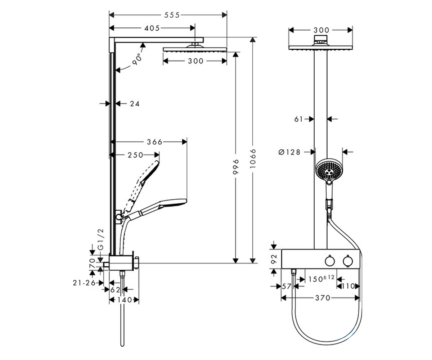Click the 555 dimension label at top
[x=172, y=15]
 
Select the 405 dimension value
[x=152, y=28]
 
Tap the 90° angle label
[x=137, y=59]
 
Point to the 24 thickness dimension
[x=135, y=104]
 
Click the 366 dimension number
[x=154, y=142]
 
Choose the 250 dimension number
[x=135, y=155]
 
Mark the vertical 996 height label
[x=236, y=167]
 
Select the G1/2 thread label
[x=101, y=239]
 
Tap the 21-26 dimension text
[x=84, y=283]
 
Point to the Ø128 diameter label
[x=289, y=152]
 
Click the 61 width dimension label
[x=298, y=119]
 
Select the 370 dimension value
[x=323, y=298]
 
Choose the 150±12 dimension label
[x=321, y=279]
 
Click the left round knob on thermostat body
[x=330, y=261]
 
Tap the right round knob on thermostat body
[x=348, y=261]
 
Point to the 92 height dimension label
[x=274, y=259]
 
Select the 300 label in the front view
[x=321, y=30]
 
